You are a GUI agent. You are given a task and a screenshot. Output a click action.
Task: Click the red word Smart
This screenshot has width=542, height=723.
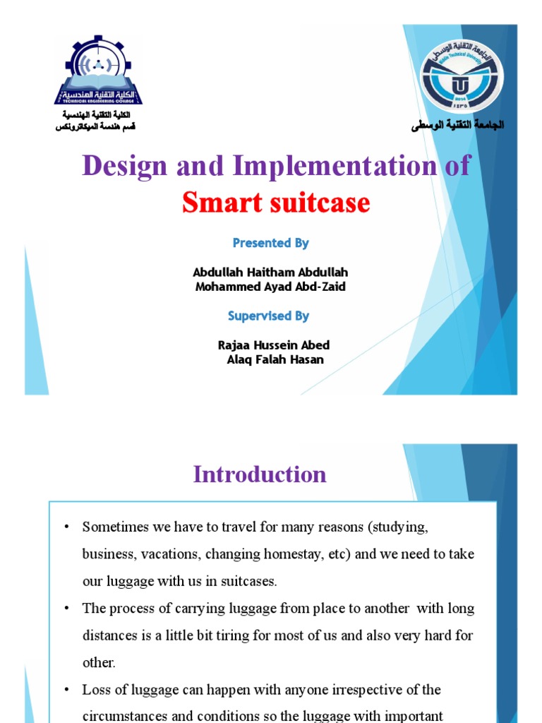pos(223,203)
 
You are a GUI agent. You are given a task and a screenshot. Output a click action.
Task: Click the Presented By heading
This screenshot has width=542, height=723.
pos(271,243)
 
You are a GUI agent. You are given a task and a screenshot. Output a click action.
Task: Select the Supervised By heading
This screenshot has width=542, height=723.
pos(269,316)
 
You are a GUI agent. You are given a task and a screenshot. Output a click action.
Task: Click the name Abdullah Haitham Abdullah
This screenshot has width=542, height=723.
pos(270,273)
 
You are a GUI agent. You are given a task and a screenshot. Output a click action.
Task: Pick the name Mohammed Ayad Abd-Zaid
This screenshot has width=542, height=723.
pos(270,287)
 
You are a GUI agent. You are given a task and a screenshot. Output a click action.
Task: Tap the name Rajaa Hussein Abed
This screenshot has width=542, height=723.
pos(274,345)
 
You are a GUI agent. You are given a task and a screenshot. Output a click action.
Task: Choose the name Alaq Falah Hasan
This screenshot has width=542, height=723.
pos(275,359)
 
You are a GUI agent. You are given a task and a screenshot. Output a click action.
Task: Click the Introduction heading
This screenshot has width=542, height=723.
pos(260,474)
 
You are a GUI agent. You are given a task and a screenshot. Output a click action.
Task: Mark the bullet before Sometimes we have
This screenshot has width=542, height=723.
pos(66,527)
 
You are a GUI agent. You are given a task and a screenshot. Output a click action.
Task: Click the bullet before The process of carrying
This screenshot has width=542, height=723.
pos(66,609)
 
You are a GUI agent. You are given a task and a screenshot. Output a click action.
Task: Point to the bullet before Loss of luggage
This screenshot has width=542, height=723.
pos(66,690)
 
